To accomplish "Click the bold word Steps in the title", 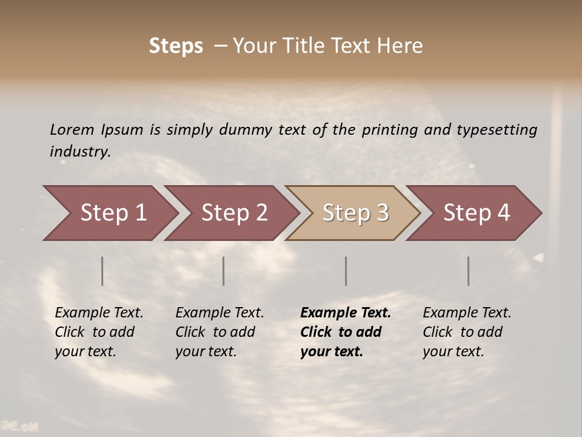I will tap(176, 46).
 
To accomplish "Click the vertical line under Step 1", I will tap(102, 271).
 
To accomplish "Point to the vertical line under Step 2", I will tap(224, 271).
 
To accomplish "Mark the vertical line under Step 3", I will tap(346, 271).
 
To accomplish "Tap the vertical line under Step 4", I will tap(469, 271).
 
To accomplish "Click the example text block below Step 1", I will tap(99, 332).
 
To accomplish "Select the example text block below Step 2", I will tap(219, 332).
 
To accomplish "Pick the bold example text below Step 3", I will tap(346, 332).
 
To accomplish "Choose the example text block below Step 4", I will tap(467, 332).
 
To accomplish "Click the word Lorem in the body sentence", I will tap(72, 129).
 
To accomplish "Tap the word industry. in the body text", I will tap(80, 152).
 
